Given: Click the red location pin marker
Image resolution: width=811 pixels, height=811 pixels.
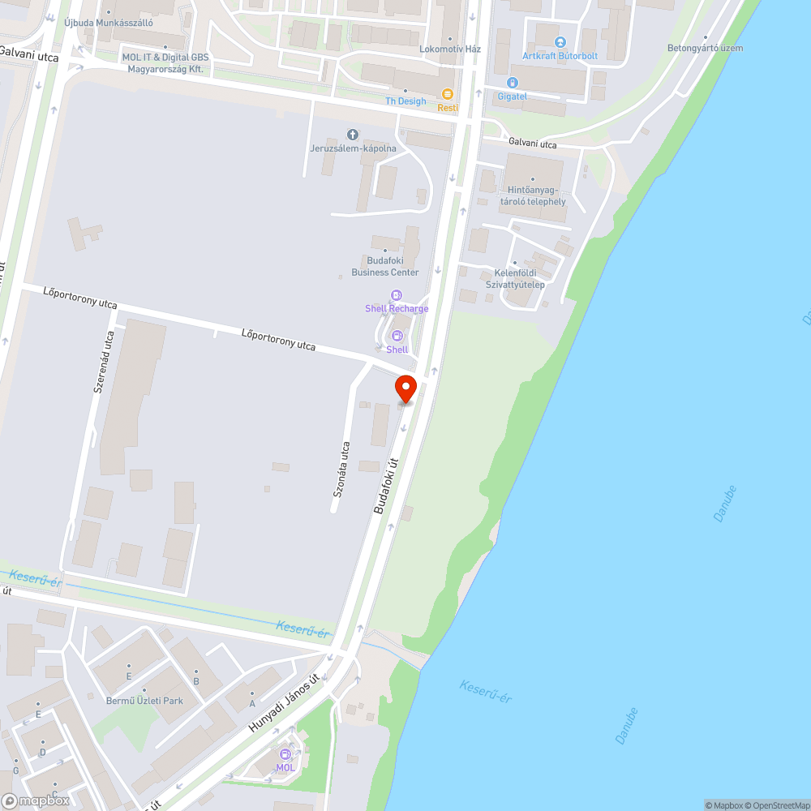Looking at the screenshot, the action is (x=405, y=388).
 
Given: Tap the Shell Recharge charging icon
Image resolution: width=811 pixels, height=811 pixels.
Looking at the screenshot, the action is (x=397, y=296).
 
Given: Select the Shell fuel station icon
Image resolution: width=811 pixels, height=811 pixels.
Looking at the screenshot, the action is (x=397, y=337).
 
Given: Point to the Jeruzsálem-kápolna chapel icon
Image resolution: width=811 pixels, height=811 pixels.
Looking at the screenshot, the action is (x=352, y=135).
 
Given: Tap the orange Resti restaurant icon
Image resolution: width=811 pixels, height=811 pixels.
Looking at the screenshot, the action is (x=447, y=95).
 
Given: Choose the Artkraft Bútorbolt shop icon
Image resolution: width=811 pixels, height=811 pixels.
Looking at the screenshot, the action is (x=560, y=42).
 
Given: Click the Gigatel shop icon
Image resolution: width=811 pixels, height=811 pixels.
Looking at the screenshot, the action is (x=512, y=83).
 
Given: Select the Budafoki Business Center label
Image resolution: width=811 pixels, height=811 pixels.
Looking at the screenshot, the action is (x=385, y=267).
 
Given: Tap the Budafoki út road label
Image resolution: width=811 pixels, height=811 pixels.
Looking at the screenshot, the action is (x=387, y=486).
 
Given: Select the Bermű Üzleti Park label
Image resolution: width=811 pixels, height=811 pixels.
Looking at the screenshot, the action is (x=144, y=701).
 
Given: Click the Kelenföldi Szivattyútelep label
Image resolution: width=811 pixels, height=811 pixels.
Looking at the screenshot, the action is (x=515, y=279).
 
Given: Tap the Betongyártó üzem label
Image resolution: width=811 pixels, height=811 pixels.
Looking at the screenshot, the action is (x=705, y=48).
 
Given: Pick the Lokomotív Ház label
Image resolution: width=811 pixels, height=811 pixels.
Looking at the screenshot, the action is (x=450, y=49).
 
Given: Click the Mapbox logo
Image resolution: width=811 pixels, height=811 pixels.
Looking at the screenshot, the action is (x=36, y=800).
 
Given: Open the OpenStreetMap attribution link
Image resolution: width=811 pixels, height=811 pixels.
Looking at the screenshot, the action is (x=777, y=805).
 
